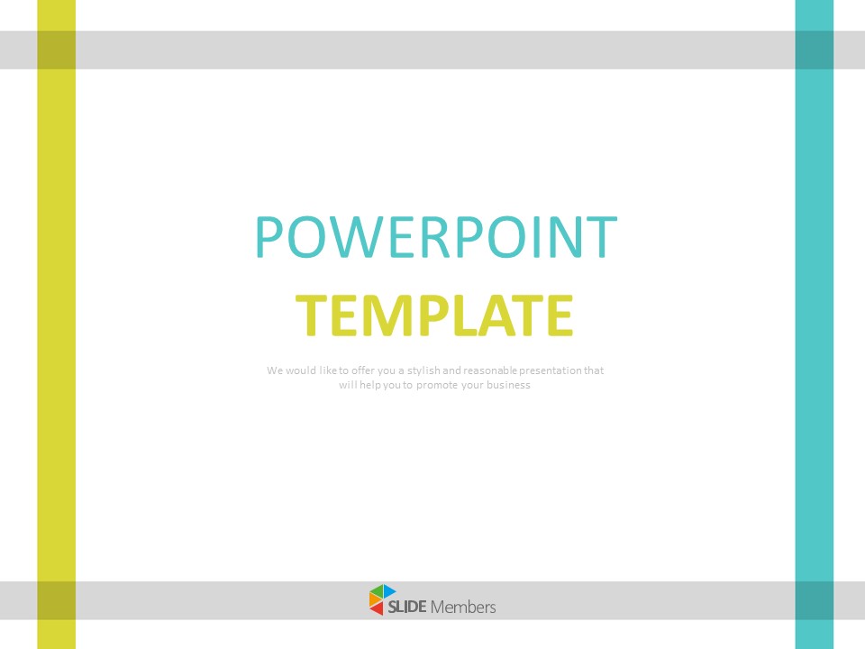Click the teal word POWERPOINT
(x=436, y=237)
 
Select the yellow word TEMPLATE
(x=436, y=315)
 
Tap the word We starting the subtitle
(x=274, y=370)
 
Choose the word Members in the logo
(x=463, y=607)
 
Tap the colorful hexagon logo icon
(x=382, y=600)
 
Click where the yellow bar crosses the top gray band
(x=56, y=50)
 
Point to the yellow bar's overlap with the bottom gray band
(x=56, y=600)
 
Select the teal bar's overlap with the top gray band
(x=815, y=50)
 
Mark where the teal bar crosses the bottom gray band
(x=815, y=600)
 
